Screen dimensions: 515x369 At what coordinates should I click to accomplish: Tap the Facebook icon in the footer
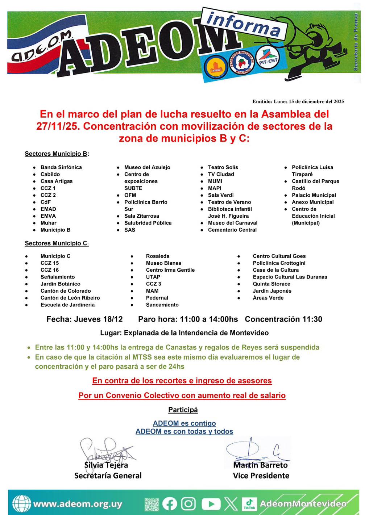click(170, 504)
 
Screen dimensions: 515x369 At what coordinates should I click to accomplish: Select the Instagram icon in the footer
click(188, 504)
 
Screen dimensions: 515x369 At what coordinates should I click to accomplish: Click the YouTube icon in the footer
click(211, 504)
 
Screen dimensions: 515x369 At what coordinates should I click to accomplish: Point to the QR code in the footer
click(152, 504)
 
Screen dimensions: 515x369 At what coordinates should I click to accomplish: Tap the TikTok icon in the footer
click(249, 504)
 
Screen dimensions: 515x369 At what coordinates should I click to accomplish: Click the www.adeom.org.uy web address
click(78, 504)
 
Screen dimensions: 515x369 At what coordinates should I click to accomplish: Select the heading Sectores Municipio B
click(56, 154)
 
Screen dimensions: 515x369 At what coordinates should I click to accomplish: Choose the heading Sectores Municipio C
click(56, 243)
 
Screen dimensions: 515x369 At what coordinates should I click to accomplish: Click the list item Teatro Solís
click(223, 167)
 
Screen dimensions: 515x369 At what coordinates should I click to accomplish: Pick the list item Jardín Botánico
click(61, 284)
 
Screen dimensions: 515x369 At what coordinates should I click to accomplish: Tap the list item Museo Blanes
click(163, 263)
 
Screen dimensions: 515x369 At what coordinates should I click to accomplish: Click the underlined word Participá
click(183, 410)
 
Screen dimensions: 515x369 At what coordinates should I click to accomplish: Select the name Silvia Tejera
click(106, 465)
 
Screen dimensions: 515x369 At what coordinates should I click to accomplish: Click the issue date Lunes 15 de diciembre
click(298, 101)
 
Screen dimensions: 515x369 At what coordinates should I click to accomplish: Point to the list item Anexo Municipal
click(313, 202)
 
